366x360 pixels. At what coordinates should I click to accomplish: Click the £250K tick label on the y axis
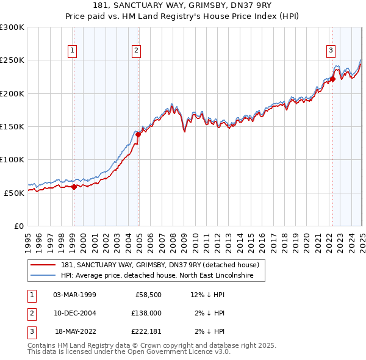[12, 60]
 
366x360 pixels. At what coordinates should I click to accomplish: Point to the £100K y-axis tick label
[12, 159]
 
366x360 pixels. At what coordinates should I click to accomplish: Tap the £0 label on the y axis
[19, 226]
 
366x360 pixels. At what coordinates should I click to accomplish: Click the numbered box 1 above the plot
[73, 51]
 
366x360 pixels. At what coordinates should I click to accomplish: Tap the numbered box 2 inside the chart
[136, 51]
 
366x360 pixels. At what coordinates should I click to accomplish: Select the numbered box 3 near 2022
[330, 51]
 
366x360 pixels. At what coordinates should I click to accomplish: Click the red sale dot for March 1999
[74, 187]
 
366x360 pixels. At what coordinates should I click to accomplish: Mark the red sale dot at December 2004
[138, 135]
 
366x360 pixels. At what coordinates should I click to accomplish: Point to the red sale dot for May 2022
[332, 79]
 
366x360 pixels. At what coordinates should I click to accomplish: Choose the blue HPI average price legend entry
[162, 276]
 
